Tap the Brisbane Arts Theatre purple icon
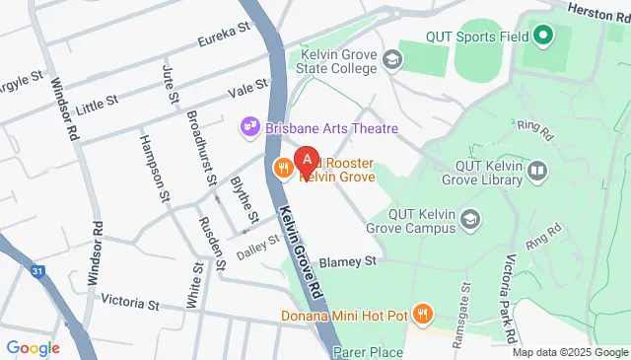[x=248, y=128]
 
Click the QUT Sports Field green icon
[x=542, y=37]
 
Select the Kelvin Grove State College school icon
[x=392, y=61]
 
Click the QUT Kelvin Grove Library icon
[x=537, y=173]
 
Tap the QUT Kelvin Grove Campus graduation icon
[x=472, y=219]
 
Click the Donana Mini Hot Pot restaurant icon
[x=423, y=316]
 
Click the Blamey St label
[x=349, y=262]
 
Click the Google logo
[x=33, y=347]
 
